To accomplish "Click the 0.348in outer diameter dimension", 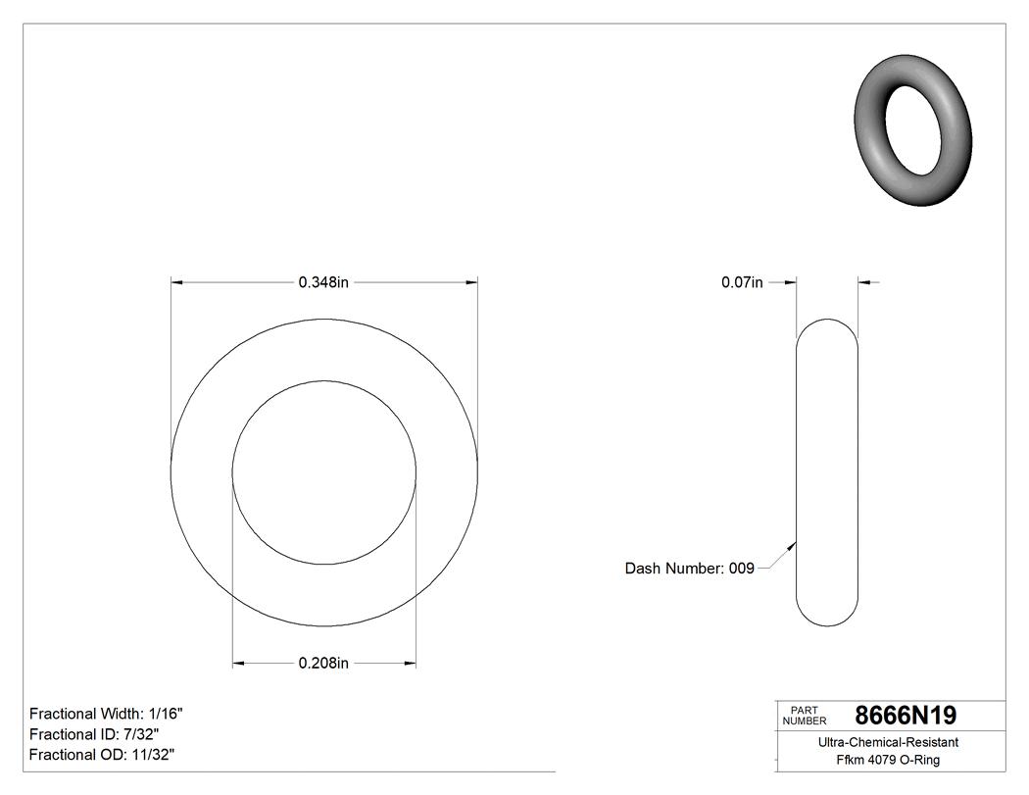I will [x=323, y=282].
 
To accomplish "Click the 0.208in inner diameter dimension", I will [x=323, y=664].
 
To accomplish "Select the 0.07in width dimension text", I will [x=742, y=282].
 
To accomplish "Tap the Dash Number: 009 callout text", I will [x=690, y=569].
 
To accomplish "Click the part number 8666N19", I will [x=906, y=715].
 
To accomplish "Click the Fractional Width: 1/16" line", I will [x=106, y=714].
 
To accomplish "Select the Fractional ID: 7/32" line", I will [x=94, y=734].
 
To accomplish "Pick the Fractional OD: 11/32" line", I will [x=102, y=755].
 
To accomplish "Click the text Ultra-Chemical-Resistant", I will [x=888, y=742].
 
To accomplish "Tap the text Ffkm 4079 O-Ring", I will [x=888, y=760].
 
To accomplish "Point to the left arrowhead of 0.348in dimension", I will [x=177, y=282].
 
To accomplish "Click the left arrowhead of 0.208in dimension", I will [x=238, y=664].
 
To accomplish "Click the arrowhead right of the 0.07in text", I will [x=791, y=282].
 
